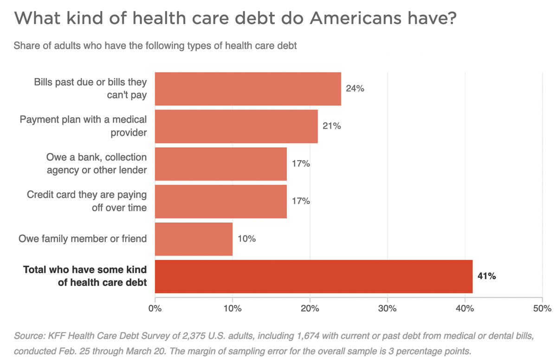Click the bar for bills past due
[x=248, y=89]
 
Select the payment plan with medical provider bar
[x=236, y=126]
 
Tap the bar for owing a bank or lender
[x=220, y=164]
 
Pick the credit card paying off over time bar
[x=220, y=202]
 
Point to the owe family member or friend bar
[x=194, y=239]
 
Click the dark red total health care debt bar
[x=313, y=276]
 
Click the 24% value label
[x=355, y=89]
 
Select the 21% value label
[x=332, y=126]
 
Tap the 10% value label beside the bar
[x=246, y=239]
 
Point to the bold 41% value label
[x=487, y=276]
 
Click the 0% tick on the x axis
[x=155, y=308]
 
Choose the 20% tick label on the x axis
[x=310, y=308]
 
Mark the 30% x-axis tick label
[x=387, y=308]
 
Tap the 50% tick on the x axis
[x=542, y=308]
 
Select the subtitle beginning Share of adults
[x=155, y=46]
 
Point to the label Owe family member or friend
[x=83, y=239]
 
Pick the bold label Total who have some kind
[x=85, y=270]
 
